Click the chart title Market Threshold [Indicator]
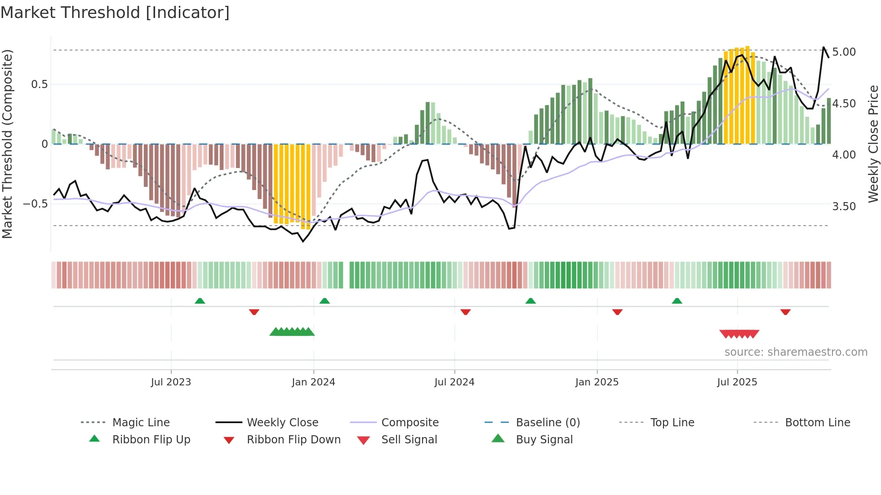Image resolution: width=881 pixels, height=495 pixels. (115, 13)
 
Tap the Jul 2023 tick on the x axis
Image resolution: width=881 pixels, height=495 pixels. (171, 382)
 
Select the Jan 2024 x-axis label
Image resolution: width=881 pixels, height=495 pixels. (313, 382)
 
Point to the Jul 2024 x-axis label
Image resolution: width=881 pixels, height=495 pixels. (454, 382)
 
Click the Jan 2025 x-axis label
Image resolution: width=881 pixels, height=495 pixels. (596, 382)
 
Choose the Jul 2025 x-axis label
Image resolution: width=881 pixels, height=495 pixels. (737, 382)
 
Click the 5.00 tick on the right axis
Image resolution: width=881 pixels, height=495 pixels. (844, 52)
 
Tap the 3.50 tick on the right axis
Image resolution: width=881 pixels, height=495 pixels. (844, 207)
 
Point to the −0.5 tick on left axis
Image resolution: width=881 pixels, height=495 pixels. (35, 204)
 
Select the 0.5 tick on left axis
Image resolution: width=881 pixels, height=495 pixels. (39, 84)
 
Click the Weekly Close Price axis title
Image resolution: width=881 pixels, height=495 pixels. (873, 144)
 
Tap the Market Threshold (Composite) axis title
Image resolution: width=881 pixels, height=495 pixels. (7, 144)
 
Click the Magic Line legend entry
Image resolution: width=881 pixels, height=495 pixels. (141, 423)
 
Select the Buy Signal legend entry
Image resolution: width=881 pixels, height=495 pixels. (544, 440)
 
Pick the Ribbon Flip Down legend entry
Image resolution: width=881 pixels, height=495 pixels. (294, 440)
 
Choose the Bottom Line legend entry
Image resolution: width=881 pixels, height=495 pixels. (817, 423)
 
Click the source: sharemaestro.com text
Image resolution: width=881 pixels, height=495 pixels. (796, 352)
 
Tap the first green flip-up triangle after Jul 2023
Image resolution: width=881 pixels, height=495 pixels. (200, 301)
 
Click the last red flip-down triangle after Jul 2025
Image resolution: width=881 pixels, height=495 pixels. (785, 312)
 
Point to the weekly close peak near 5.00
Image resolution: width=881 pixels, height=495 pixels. (823, 47)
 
